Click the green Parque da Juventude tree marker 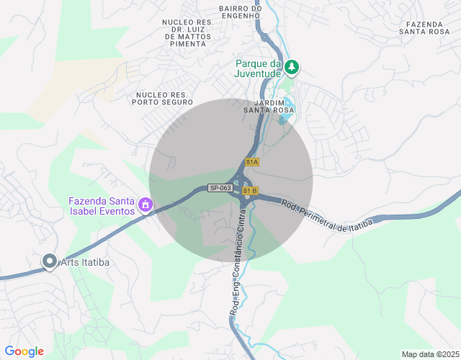[x=291, y=68]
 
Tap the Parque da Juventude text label [x=258, y=68]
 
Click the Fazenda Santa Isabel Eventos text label [x=102, y=206]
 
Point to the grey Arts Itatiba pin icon [x=49, y=261]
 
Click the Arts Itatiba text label [x=85, y=262]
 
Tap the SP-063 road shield [x=220, y=188]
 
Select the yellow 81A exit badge [x=251, y=163]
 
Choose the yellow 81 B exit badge [x=250, y=191]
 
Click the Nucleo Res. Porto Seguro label [x=162, y=99]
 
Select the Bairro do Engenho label [x=238, y=12]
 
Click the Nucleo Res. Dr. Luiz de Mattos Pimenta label [x=188, y=33]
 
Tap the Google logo [x=24, y=351]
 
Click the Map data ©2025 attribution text [x=430, y=354]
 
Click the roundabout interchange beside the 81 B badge [x=238, y=189]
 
